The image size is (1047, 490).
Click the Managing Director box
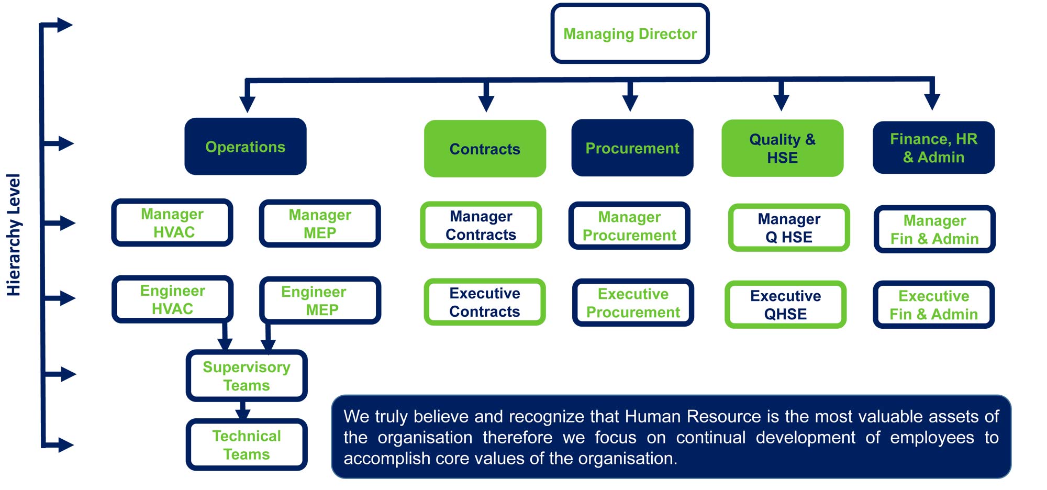630,34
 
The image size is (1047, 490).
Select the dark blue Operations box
246,147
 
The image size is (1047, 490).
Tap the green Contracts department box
485,149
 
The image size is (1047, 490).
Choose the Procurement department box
632,148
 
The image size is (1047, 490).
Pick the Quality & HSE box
782,148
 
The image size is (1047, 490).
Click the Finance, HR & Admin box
934,148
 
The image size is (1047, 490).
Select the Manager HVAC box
172,222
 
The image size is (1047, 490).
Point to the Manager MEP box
320,224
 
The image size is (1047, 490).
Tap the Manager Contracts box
481,225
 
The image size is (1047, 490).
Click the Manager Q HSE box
789,228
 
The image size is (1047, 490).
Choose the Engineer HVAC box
172,299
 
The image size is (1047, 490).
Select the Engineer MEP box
320,300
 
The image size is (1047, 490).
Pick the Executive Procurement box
633,303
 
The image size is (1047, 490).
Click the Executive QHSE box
785,305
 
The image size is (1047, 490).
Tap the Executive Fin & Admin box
934,305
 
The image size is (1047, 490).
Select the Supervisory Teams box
247,376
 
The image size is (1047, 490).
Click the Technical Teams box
247,445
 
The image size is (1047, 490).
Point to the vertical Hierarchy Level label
14,235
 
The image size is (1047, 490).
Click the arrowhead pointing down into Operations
247,104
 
